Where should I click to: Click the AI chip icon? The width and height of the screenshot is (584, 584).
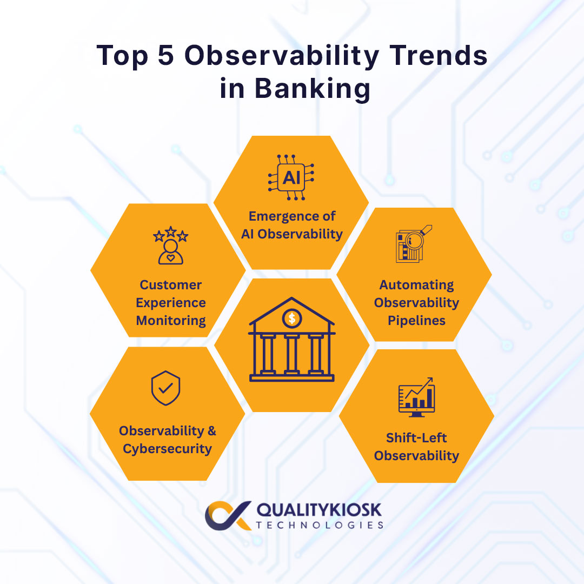pyautogui.click(x=291, y=177)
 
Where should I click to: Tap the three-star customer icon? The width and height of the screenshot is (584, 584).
pyautogui.click(x=170, y=245)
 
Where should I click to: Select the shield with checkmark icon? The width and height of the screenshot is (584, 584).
pyautogui.click(x=166, y=388)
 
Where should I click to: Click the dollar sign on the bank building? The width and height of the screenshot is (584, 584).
pyautogui.click(x=292, y=318)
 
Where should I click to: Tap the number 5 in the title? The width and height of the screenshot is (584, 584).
pyautogui.click(x=166, y=56)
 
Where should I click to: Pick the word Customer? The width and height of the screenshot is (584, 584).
pyautogui.click(x=170, y=284)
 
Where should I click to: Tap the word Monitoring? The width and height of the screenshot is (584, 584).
pyautogui.click(x=171, y=321)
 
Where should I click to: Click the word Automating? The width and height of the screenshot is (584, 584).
pyautogui.click(x=416, y=285)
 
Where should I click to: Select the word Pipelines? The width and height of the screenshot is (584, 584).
pyautogui.click(x=416, y=320)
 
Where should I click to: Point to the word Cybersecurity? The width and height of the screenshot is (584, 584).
pyautogui.click(x=167, y=449)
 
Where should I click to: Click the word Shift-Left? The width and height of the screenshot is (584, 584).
pyautogui.click(x=416, y=437)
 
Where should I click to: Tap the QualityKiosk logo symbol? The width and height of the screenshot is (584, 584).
pyautogui.click(x=228, y=515)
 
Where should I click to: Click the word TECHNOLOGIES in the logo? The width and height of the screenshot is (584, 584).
pyautogui.click(x=320, y=525)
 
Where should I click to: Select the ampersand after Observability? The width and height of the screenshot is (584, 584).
pyautogui.click(x=212, y=431)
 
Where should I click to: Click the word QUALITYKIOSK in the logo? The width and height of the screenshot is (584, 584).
pyautogui.click(x=319, y=509)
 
